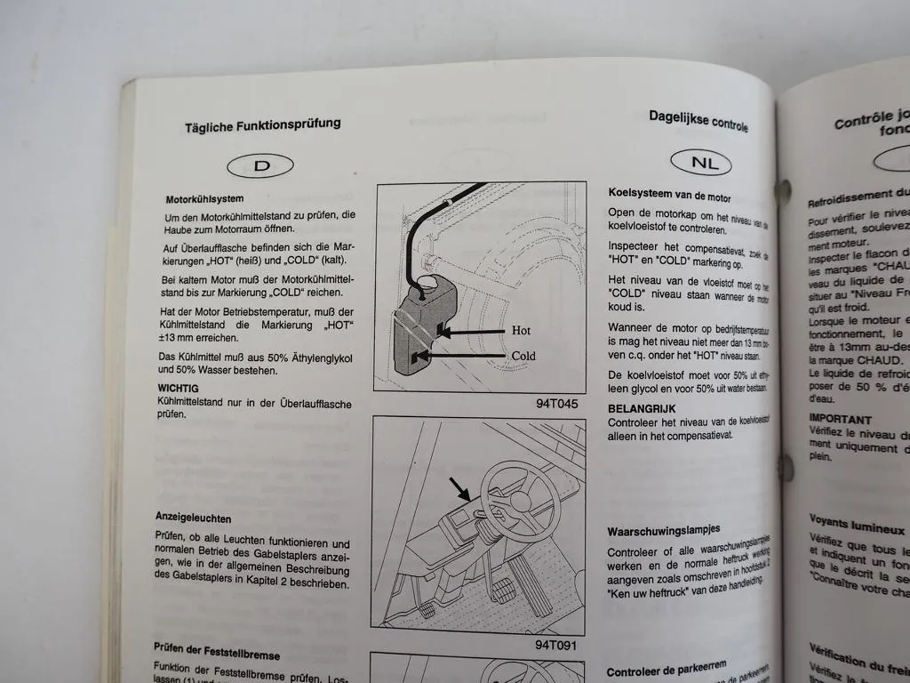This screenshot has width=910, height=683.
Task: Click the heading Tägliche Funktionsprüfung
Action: (x=262, y=125)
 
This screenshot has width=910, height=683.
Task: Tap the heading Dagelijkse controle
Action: (x=698, y=120)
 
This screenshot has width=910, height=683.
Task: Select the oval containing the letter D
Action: (x=261, y=165)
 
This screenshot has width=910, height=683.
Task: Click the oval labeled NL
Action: (x=698, y=163)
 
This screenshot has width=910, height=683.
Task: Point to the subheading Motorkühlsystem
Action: (x=204, y=199)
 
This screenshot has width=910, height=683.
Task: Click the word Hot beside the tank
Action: (x=522, y=330)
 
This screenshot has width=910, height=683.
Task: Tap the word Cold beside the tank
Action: (x=523, y=355)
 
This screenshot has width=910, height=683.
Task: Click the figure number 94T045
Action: (x=556, y=402)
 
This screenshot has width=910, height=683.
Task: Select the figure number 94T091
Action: (x=556, y=644)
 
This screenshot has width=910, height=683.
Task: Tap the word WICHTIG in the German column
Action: (x=178, y=389)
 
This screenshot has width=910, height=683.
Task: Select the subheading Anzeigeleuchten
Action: (x=193, y=517)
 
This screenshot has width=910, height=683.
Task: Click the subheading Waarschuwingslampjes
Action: (x=663, y=530)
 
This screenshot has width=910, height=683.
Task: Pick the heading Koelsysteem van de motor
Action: (x=669, y=195)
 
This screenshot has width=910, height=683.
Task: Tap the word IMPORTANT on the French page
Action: (x=840, y=419)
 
